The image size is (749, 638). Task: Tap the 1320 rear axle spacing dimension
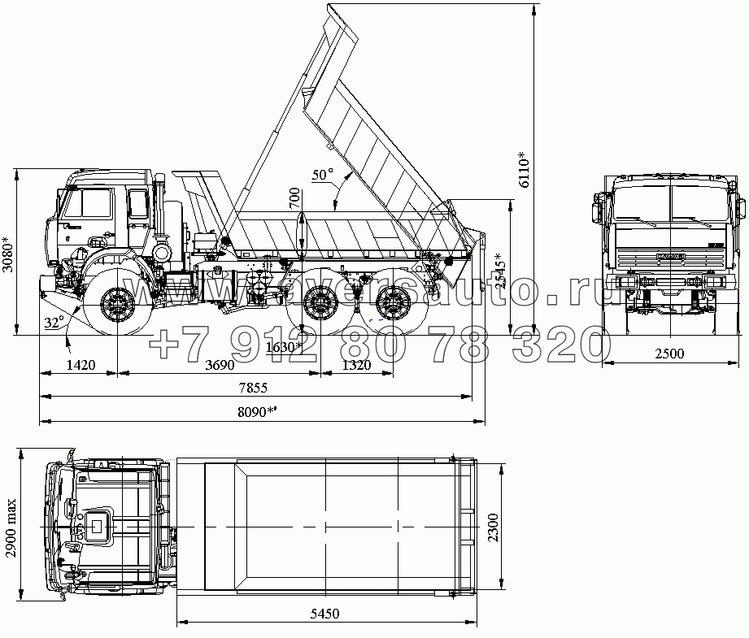(356, 366)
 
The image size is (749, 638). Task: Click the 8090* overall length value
(255, 412)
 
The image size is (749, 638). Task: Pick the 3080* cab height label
(8, 254)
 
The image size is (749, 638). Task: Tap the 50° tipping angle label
(323, 174)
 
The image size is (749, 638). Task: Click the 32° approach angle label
(54, 323)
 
